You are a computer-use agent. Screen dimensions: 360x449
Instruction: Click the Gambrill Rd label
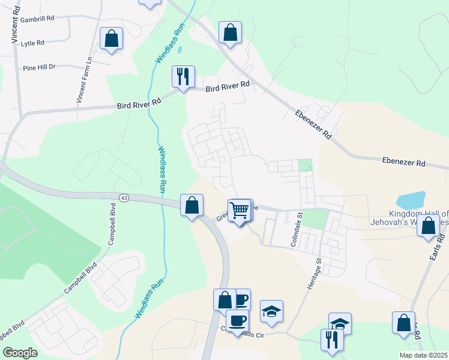(x=37, y=19)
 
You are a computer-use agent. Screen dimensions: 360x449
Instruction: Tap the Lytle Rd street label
(x=32, y=43)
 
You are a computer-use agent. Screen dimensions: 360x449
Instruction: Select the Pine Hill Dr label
(x=40, y=67)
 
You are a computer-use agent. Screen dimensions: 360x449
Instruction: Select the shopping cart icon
(x=240, y=210)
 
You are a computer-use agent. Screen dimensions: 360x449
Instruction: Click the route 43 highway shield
(x=124, y=197)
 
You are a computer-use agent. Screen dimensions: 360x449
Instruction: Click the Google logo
(x=20, y=353)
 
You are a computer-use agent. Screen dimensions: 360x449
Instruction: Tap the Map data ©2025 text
(x=423, y=355)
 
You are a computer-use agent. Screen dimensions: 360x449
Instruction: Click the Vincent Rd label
(x=14, y=24)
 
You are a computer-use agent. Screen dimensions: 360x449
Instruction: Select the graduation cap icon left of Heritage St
(x=271, y=311)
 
